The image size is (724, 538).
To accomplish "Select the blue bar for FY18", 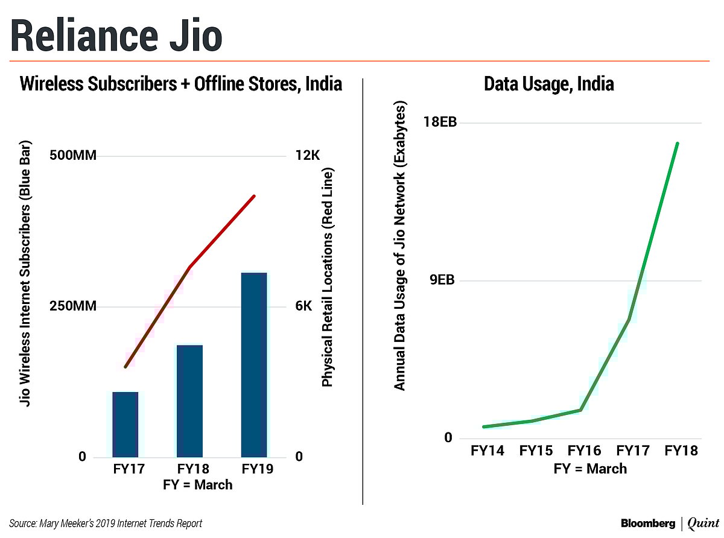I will coord(189,400).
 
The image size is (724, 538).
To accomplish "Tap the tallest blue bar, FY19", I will coord(253,364).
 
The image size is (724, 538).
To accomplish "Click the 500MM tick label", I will coord(72,156).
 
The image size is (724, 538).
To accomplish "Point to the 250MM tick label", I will coord(72,306).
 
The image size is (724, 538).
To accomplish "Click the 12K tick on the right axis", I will coord(308,156).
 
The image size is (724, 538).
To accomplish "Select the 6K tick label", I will coord(304,306).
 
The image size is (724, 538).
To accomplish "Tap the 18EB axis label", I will coord(440,123).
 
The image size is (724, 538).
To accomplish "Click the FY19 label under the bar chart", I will coord(253,469).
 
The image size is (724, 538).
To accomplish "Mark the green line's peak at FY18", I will coord(678,144).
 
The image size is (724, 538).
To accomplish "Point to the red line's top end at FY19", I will coord(255,196).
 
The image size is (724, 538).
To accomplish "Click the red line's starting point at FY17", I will coord(125,367).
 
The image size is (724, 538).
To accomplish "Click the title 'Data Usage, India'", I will coord(549,84).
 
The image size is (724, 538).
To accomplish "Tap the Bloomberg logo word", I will coord(648,522).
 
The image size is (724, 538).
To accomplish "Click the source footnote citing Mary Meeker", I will coord(106,523).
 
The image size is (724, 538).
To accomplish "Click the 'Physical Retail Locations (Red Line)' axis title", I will coord(328,277).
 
